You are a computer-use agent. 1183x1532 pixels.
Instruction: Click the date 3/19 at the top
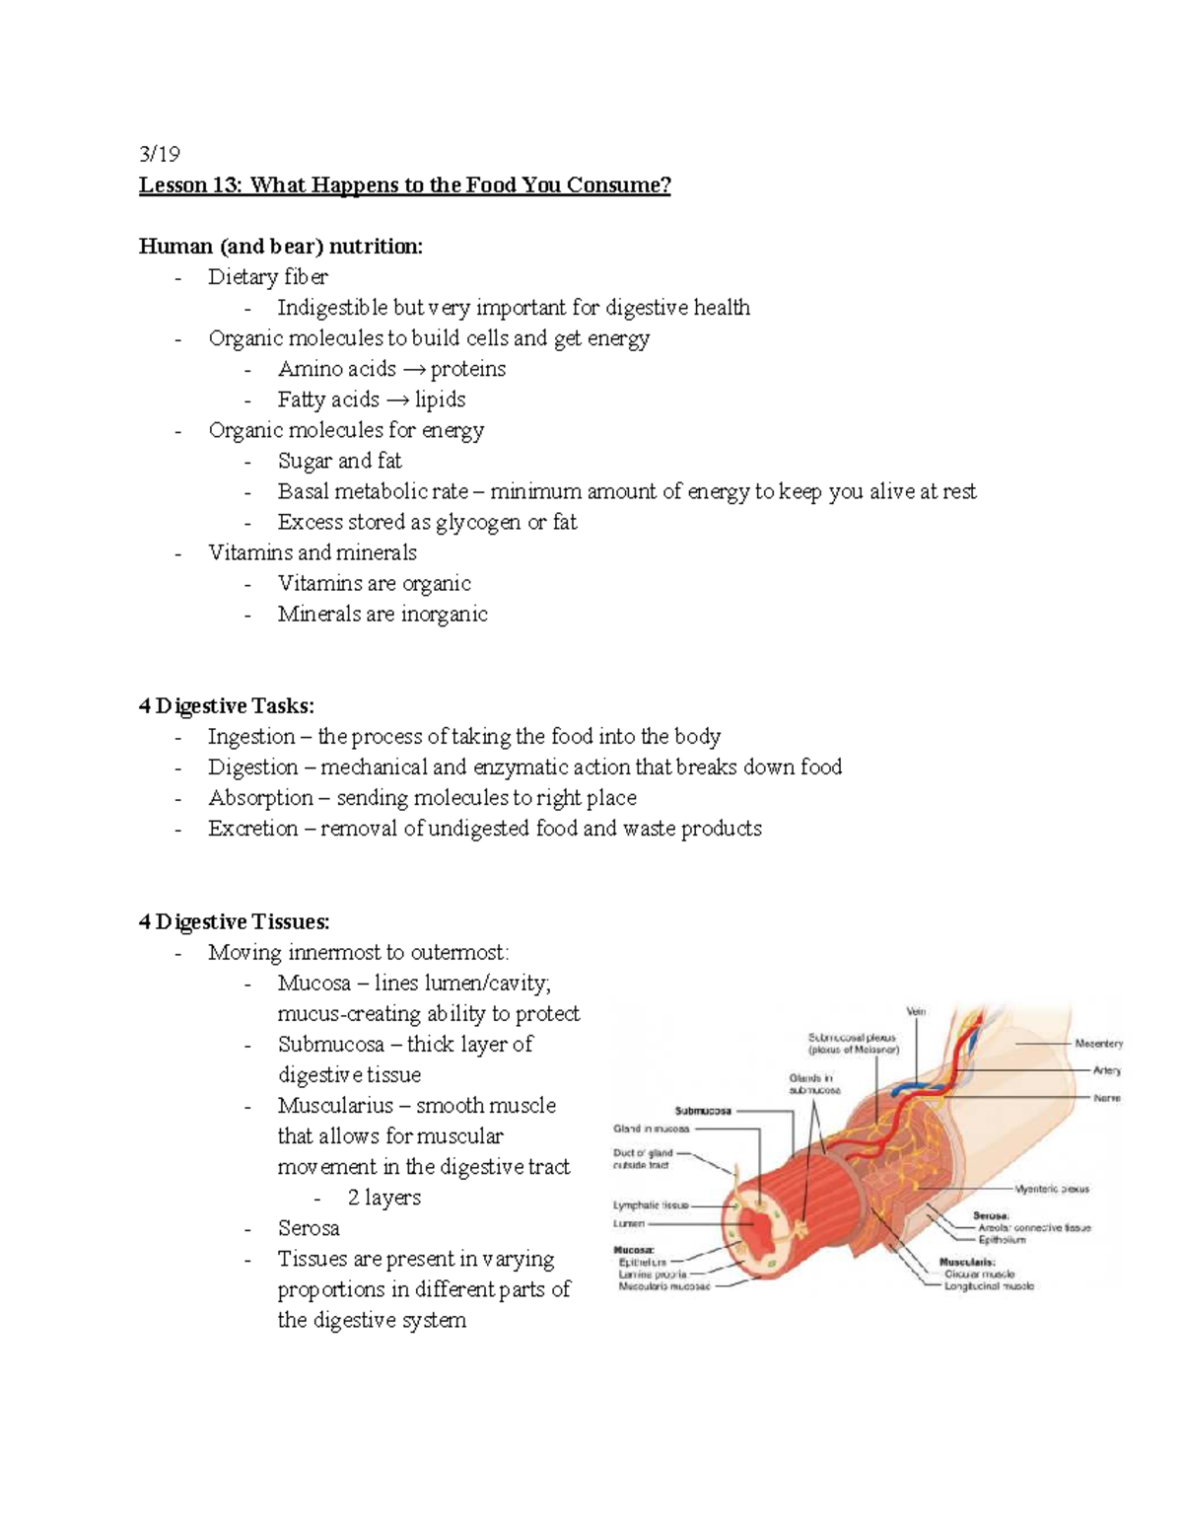click(160, 155)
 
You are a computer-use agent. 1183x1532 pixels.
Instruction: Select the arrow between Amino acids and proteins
click(413, 369)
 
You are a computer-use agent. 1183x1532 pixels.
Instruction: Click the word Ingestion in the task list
click(251, 737)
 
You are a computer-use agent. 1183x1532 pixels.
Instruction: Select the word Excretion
click(253, 829)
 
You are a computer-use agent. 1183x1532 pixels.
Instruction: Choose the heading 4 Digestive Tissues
click(235, 921)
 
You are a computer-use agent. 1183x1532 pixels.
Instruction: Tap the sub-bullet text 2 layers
click(383, 1198)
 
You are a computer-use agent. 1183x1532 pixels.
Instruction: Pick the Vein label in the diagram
click(916, 1011)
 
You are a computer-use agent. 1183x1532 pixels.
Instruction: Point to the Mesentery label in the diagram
click(1098, 1043)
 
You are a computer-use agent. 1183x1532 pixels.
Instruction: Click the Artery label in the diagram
click(1106, 1070)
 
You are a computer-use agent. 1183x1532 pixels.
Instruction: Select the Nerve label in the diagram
click(1106, 1098)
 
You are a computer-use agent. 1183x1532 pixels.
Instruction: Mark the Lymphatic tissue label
click(651, 1204)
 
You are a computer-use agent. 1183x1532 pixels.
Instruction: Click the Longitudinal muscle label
click(989, 1286)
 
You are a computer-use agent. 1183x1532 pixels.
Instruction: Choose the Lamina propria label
click(652, 1275)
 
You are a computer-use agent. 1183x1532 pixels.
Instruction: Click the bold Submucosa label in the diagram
click(703, 1111)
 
